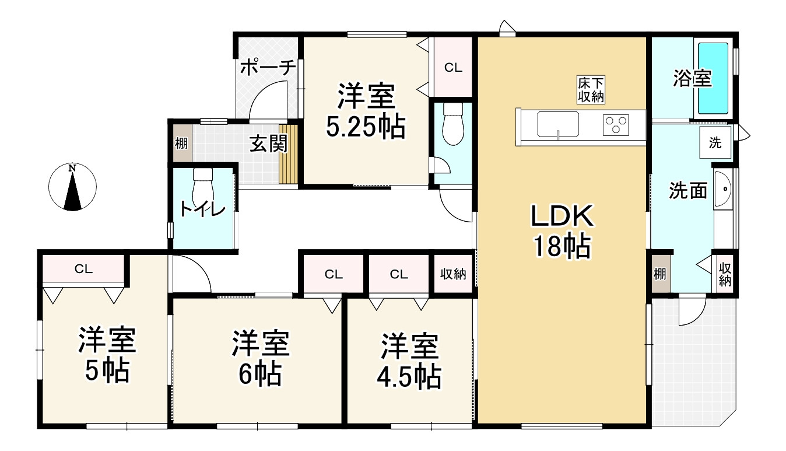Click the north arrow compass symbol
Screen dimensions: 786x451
[x=72, y=187]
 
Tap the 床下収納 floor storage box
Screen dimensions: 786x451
[x=591, y=90]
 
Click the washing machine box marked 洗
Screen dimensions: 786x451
[x=715, y=142]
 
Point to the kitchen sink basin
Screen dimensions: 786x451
[x=557, y=124]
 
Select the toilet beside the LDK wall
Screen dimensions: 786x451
[x=453, y=124]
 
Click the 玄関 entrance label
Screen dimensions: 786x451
[x=268, y=144]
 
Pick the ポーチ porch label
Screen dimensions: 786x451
[x=268, y=67]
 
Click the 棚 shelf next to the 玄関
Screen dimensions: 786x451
[x=181, y=144]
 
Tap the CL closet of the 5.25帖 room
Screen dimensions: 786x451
[x=453, y=67]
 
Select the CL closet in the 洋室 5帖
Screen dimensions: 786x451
[x=83, y=268]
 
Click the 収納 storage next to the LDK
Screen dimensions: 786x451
[x=453, y=274]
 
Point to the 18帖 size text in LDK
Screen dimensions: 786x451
[x=563, y=246]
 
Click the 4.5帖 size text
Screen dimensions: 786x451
[x=409, y=377]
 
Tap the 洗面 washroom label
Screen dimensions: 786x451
[x=688, y=191]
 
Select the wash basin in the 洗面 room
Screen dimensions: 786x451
[x=723, y=190]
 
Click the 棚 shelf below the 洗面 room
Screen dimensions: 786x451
[x=660, y=274]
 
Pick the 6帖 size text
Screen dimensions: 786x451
[x=260, y=375]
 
